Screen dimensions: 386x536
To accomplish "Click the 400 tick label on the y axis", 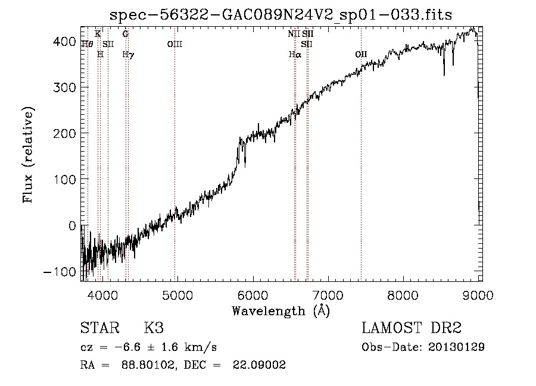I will point(63,42).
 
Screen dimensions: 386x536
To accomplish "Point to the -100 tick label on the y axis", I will point(58,272).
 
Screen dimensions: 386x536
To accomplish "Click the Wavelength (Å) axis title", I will point(281,310).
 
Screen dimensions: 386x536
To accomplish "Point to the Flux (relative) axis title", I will point(29,154).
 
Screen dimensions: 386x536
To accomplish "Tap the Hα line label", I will point(295,54).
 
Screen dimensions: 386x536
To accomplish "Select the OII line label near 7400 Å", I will point(361,54).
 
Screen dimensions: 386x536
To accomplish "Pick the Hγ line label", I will point(128,54).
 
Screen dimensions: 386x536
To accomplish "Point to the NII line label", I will point(294,34).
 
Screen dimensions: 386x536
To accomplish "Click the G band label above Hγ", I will point(126,34).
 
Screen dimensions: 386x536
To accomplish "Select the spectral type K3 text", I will point(154,329).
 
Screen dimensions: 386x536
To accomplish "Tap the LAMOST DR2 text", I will point(412,329).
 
